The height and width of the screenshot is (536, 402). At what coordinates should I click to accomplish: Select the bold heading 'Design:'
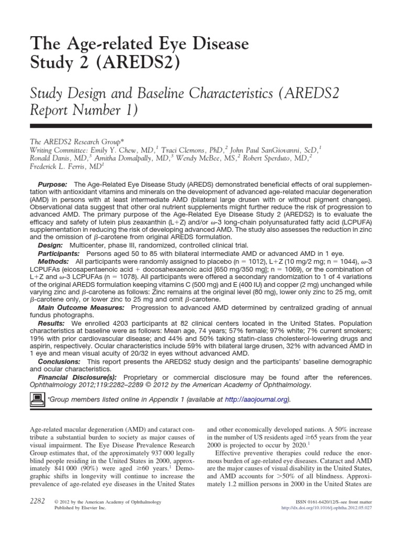point(51,245)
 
